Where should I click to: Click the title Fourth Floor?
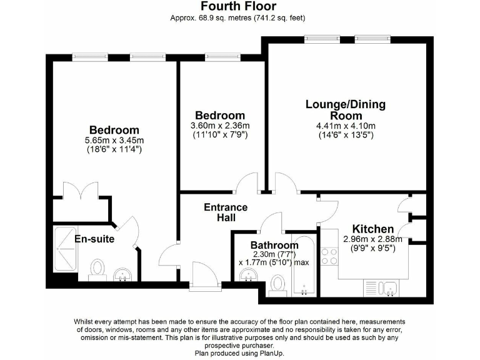coord(237,6)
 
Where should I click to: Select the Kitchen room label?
coord(373,229)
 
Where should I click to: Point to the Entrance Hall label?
coord(226,212)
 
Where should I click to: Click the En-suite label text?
coord(94,239)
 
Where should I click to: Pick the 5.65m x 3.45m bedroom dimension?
coord(114,140)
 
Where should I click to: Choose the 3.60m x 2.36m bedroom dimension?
coord(220,126)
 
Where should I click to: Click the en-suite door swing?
coord(128,229)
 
